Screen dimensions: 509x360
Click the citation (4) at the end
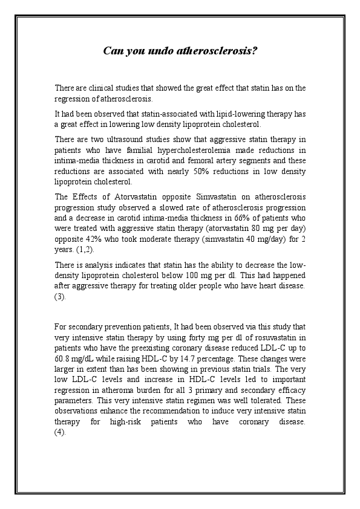pyautogui.click(x=59, y=432)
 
